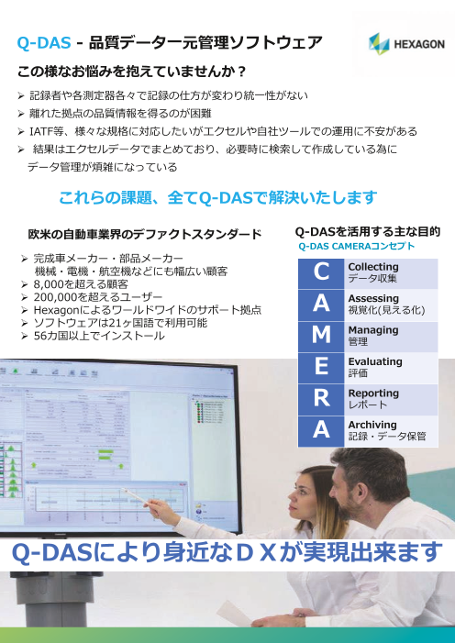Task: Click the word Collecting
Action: [373, 266]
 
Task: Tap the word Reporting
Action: [373, 393]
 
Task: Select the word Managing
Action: [372, 329]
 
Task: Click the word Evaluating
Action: [375, 361]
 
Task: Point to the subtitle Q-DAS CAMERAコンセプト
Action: [357, 247]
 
